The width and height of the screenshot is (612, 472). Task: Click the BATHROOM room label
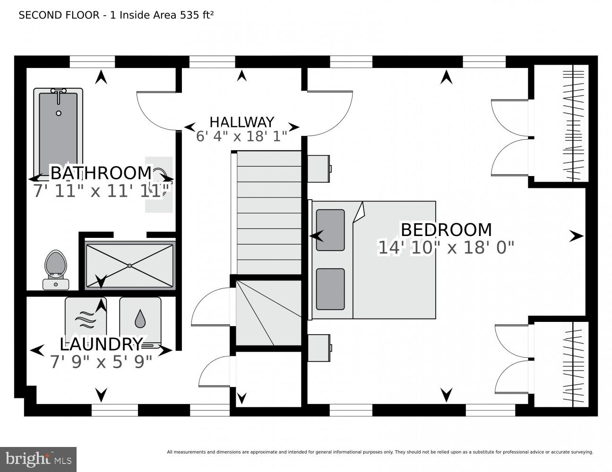tap(101, 173)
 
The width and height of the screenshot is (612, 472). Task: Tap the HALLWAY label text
tap(241, 122)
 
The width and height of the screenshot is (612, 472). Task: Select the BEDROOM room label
tap(446, 230)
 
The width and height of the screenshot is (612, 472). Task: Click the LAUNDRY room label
tap(101, 344)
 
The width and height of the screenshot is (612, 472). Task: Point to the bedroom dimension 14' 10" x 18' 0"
tap(446, 247)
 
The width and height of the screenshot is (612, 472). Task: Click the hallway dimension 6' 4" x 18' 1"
tap(241, 136)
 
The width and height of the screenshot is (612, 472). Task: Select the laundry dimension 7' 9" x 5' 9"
tap(101, 362)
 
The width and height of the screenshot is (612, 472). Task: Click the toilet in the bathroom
tap(56, 270)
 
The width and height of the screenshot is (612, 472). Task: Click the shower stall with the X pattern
tap(130, 266)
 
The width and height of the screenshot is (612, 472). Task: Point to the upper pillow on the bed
tap(330, 230)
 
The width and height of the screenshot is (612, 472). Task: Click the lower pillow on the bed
tap(330, 289)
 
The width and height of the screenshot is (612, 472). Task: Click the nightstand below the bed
tap(319, 348)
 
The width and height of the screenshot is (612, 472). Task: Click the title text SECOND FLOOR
tap(59, 15)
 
